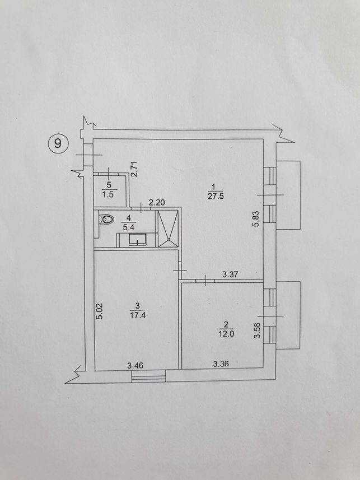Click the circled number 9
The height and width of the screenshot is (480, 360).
coord(58,143)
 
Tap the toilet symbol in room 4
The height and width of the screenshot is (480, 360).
coord(106,219)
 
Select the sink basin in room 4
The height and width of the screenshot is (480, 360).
coord(137,240)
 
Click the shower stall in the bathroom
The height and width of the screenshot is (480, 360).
coord(168,228)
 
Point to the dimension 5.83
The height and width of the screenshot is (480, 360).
coord(256,218)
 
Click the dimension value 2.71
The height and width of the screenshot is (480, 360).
coord(134,169)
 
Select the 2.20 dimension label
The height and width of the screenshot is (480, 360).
coord(157,202)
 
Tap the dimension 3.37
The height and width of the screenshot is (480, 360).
coord(230,274)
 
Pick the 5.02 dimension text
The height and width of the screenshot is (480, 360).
coord(99,311)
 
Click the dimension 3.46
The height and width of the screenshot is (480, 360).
coord(135,365)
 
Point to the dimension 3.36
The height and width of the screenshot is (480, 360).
coord(221,364)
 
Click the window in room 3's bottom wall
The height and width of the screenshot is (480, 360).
coord(148,376)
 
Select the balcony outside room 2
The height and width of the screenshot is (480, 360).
coord(288,315)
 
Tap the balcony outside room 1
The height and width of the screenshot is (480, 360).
coord(288,195)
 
